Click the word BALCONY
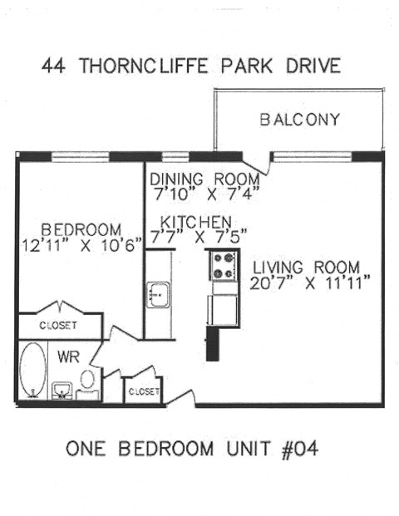coord(300,120)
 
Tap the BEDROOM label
coord(81,229)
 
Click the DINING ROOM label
coord(204,179)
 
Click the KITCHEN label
coord(195,222)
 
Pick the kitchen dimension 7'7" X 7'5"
coord(195,236)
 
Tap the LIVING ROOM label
coord(307,268)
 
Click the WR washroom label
coord(67,356)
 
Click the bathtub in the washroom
coord(33,371)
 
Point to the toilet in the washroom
coord(88,381)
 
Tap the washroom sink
coord(62,389)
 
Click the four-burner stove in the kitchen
coord(222,265)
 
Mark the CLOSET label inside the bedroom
coord(58,326)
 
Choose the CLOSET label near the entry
coord(143,391)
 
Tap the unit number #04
coord(298,450)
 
